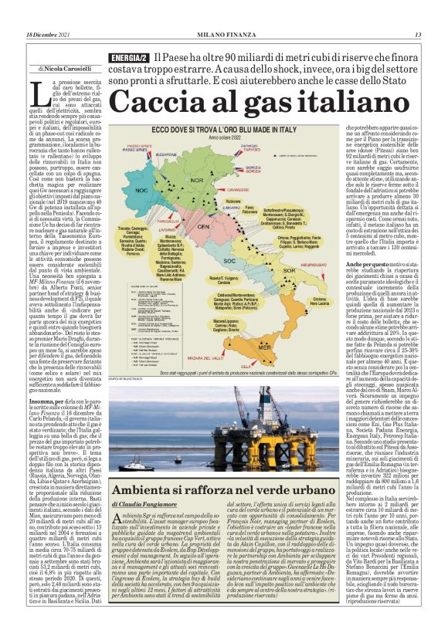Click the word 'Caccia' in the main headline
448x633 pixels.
pos(158,103)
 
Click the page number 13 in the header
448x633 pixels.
pos(418,35)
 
